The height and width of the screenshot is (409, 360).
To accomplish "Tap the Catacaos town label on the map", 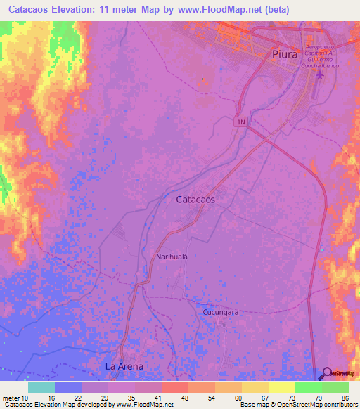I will tap(195, 200).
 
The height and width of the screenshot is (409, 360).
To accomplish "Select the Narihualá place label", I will tap(172, 257).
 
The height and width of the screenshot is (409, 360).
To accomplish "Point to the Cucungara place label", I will tap(221, 311).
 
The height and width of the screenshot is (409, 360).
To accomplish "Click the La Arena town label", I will tap(124, 366).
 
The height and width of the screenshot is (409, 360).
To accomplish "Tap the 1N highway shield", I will tap(241, 122).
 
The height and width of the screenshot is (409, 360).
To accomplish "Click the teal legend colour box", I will tap(41, 387).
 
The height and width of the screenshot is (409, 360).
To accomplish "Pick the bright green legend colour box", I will tap(308, 387).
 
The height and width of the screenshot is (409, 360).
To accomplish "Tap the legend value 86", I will tap(345, 397).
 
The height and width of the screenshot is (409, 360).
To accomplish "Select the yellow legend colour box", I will tap(255, 387).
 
